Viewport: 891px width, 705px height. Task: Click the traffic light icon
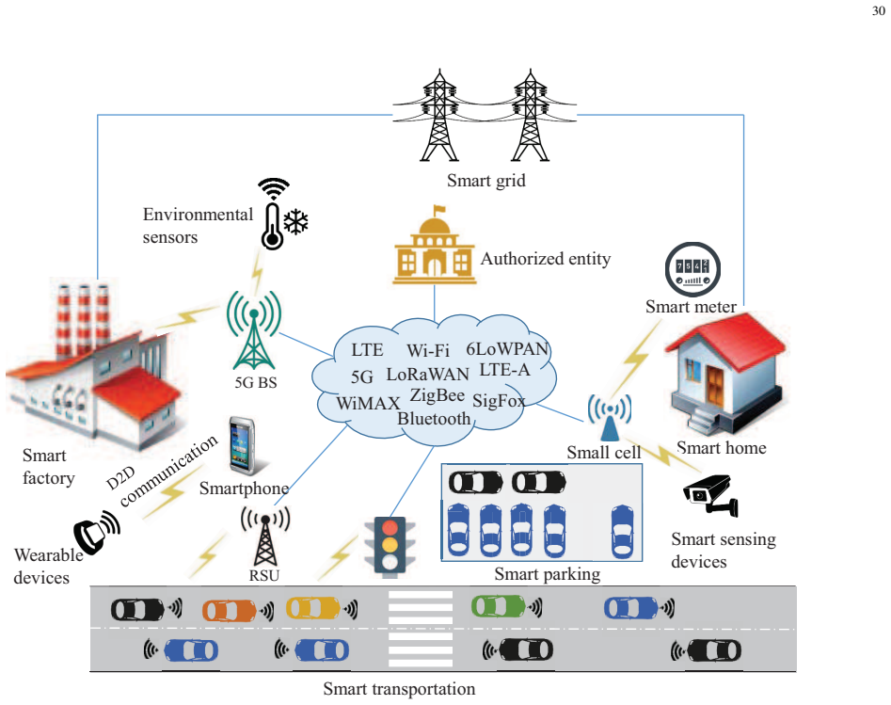pyautogui.click(x=390, y=546)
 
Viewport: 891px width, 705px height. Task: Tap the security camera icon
pyautogui.click(x=710, y=496)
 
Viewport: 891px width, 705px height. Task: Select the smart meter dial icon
pyautogui.click(x=692, y=269)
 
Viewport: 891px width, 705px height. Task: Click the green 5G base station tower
pyautogui.click(x=254, y=329)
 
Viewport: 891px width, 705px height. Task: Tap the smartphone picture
pyautogui.click(x=242, y=446)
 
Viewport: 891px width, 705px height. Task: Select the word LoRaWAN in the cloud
pyautogui.click(x=428, y=374)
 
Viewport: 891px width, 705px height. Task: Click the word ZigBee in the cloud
pyautogui.click(x=437, y=394)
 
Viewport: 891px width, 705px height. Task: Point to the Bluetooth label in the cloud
pyautogui.click(x=434, y=419)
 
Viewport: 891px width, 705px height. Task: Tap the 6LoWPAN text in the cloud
pyautogui.click(x=507, y=348)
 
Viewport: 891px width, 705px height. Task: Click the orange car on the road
pyautogui.click(x=230, y=611)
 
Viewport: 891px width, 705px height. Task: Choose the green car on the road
pyautogui.click(x=499, y=606)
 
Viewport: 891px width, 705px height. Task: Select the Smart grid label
pyautogui.click(x=485, y=181)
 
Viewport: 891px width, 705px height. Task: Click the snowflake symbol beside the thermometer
pyautogui.click(x=295, y=222)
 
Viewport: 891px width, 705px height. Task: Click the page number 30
pyautogui.click(x=879, y=10)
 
